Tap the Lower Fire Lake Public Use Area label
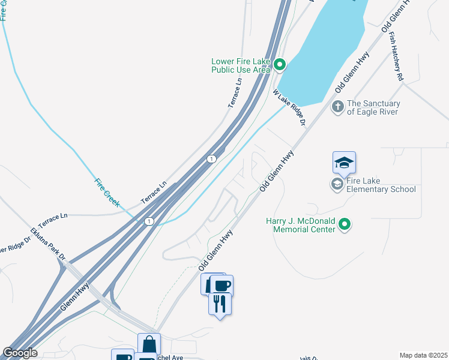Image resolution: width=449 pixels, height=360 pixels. tap(241, 65)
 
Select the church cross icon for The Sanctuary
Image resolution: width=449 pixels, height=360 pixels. tap(338, 107)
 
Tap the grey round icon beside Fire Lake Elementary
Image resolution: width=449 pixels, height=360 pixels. tap(337, 184)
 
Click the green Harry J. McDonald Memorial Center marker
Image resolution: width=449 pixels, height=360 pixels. tap(345, 224)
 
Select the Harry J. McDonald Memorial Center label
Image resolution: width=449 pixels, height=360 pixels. tap(300, 225)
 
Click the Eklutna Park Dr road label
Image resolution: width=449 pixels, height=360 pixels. tap(48, 244)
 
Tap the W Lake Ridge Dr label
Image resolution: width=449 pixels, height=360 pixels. tap(289, 108)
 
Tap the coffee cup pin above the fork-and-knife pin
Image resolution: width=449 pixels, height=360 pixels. tap(221, 286)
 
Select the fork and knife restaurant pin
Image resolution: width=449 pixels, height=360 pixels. tap(220, 304)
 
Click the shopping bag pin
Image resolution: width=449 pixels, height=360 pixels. tap(149, 344)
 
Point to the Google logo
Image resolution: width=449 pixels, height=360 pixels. tap(20, 353)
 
